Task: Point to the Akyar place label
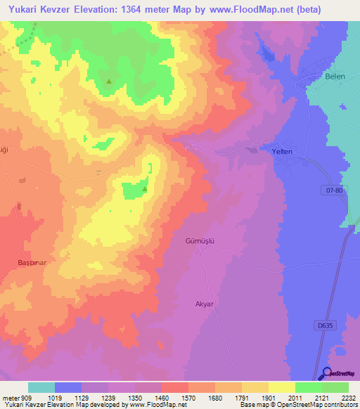coord(204,304)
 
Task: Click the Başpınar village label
coord(32,262)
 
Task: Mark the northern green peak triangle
coord(109,82)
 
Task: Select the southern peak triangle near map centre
coord(145,188)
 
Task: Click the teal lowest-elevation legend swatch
coord(41,387)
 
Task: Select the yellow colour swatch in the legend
coord(281,387)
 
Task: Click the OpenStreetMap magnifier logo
coord(326,373)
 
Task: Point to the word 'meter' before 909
coord(11,397)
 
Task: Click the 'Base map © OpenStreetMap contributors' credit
coord(297,405)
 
